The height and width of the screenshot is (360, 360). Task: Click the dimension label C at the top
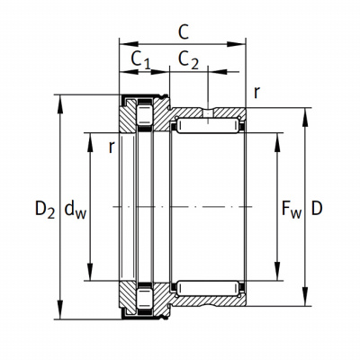pyautogui.click(x=184, y=32)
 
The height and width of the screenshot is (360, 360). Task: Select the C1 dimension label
pyautogui.click(x=140, y=59)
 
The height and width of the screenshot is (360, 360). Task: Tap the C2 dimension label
pyautogui.click(x=188, y=59)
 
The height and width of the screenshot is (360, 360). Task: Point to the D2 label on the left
pyautogui.click(x=45, y=209)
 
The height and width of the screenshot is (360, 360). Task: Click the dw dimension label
pyautogui.click(x=75, y=209)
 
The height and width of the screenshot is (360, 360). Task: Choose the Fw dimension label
pyautogui.click(x=292, y=209)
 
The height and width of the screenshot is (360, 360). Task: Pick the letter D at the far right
pyautogui.click(x=317, y=208)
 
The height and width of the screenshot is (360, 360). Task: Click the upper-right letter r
pyautogui.click(x=256, y=93)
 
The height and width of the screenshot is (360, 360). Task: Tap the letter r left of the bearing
pyautogui.click(x=112, y=148)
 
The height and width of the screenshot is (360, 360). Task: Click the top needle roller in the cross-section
pyautogui.click(x=208, y=126)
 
